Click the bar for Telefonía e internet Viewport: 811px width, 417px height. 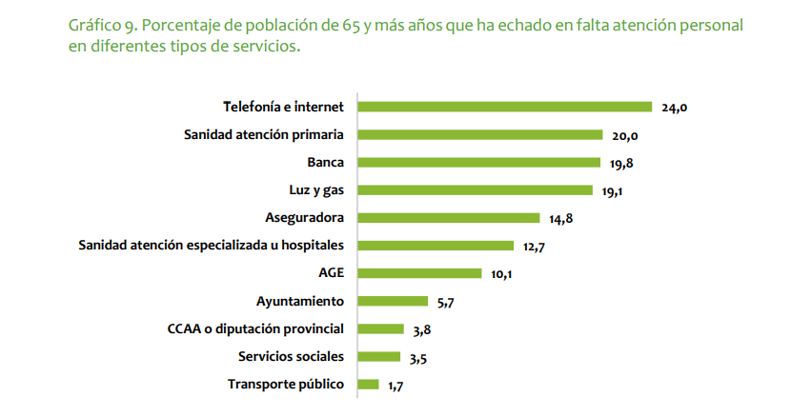(x=504, y=107)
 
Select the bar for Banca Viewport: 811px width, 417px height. (x=478, y=162)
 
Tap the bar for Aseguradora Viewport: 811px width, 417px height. (x=448, y=218)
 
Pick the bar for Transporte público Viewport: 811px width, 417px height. (x=367, y=385)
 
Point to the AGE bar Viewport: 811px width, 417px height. (x=418, y=273)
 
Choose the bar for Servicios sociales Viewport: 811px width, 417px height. (x=377, y=357)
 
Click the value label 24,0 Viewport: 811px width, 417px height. (x=675, y=109)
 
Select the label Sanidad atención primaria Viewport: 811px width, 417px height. (x=264, y=134)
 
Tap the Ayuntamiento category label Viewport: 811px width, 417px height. (x=300, y=302)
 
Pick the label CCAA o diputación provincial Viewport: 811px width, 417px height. (x=255, y=329)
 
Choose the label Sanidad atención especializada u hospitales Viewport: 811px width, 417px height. (x=211, y=246)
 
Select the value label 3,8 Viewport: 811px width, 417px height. (x=422, y=331)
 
